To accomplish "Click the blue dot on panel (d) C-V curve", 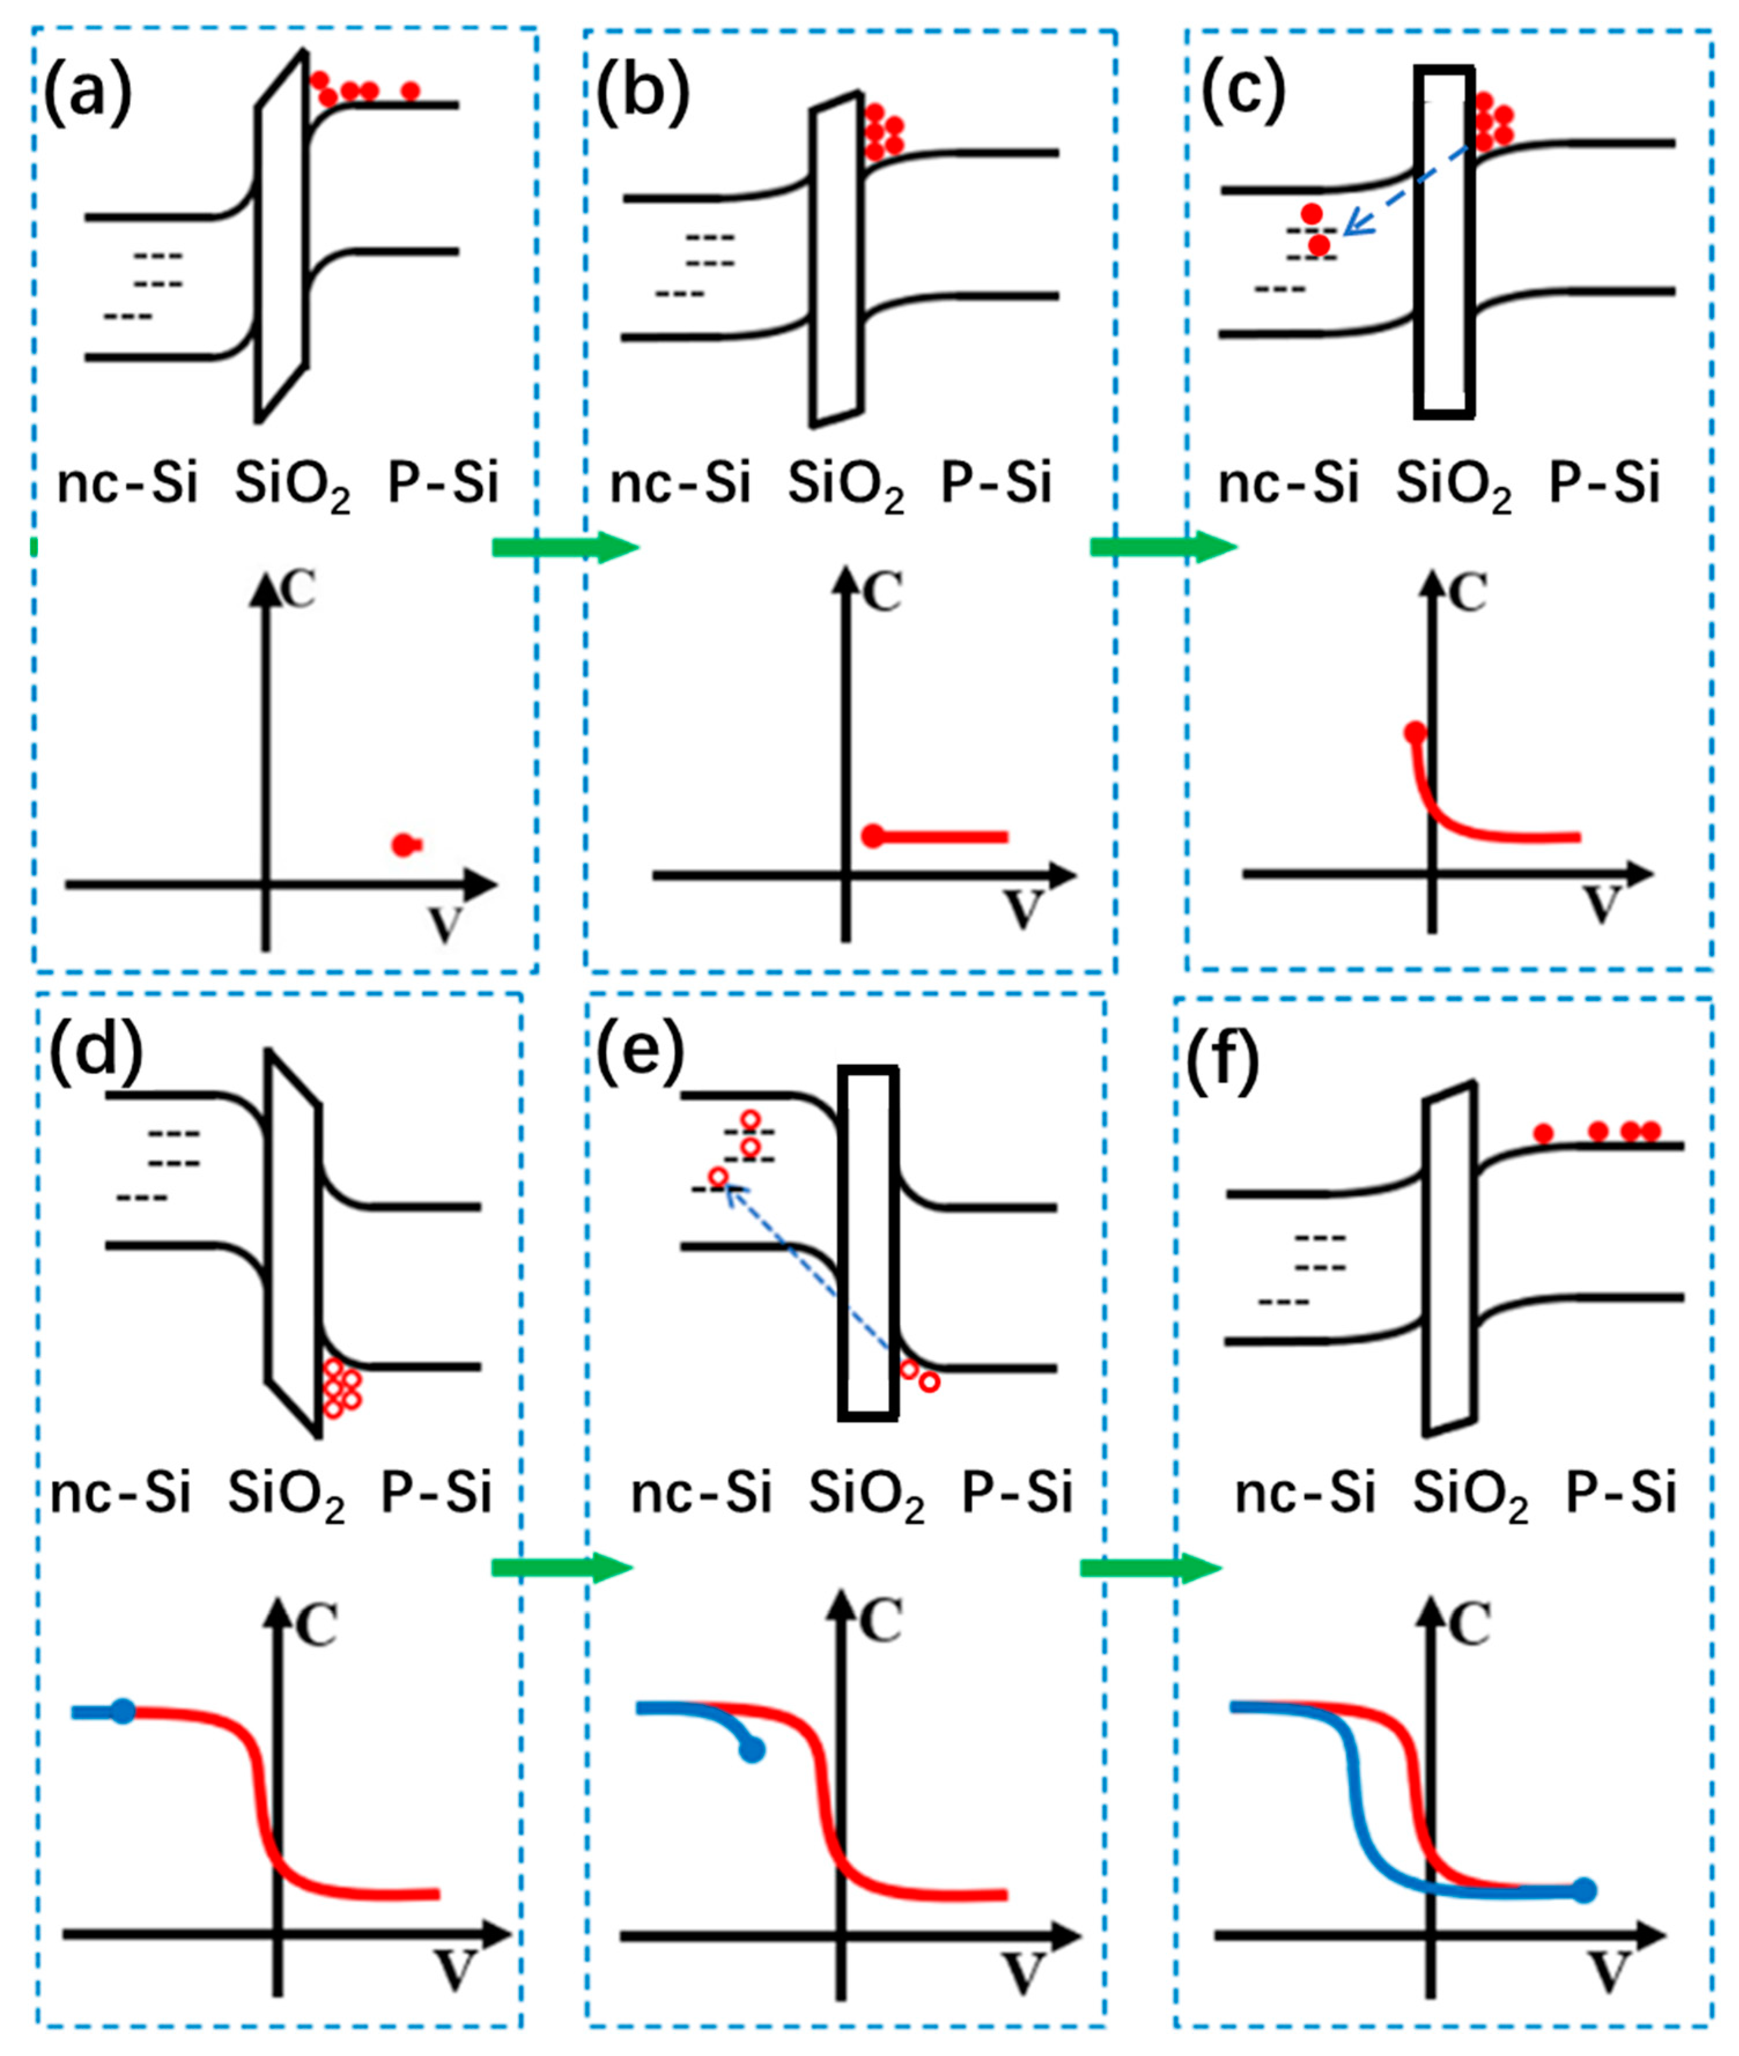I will tap(122, 1711).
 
